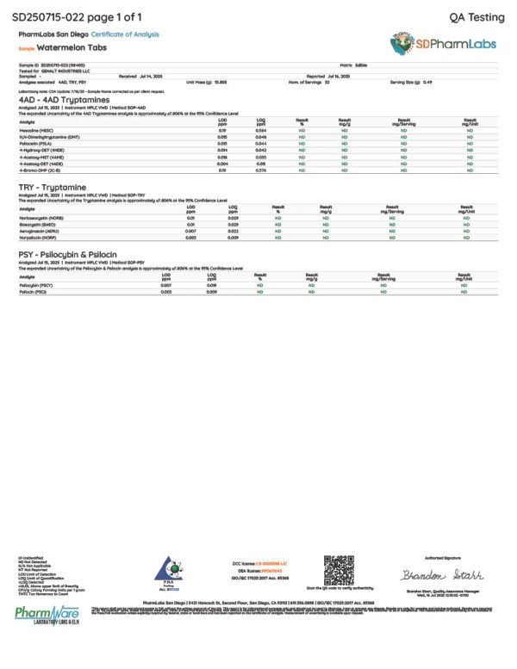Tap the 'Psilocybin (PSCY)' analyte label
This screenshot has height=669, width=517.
(38, 285)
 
